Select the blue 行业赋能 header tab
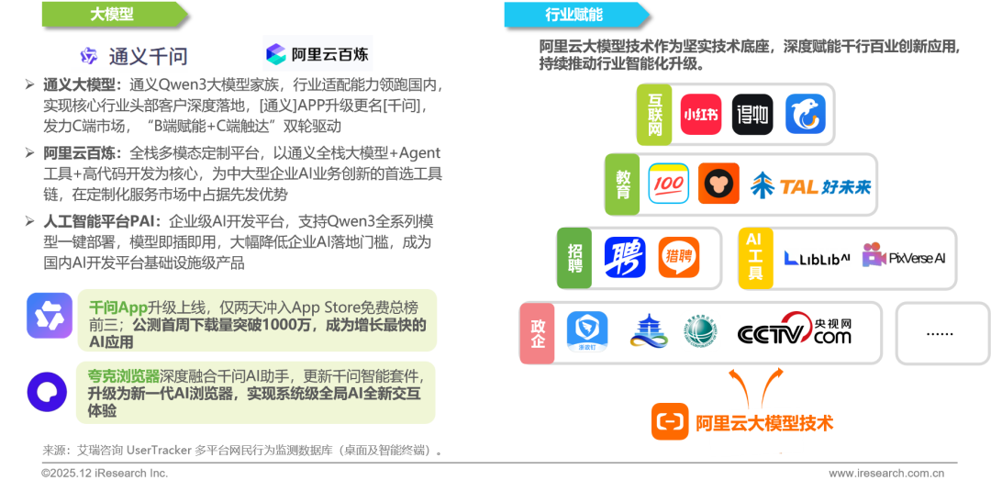(x=573, y=14)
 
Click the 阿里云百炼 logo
(x=317, y=54)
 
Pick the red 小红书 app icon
(x=700, y=115)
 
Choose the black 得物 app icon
(x=752, y=115)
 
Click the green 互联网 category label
(x=654, y=114)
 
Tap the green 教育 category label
(x=624, y=184)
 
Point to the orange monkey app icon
(x=718, y=184)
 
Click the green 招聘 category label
(x=575, y=258)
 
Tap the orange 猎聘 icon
(x=678, y=258)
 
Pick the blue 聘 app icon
(x=624, y=258)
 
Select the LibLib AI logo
(x=817, y=258)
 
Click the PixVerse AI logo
(x=904, y=258)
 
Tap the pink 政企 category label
(x=538, y=331)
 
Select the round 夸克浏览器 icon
(x=47, y=393)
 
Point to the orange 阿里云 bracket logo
(x=670, y=422)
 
